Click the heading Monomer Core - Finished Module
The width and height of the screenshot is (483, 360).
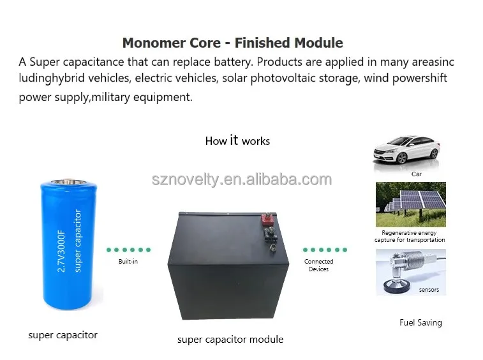click(232, 43)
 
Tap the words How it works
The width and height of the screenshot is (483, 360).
click(237, 140)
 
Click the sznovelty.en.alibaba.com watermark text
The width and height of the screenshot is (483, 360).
click(242, 179)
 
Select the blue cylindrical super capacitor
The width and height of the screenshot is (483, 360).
click(69, 243)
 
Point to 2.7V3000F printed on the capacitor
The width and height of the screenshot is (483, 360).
click(61, 251)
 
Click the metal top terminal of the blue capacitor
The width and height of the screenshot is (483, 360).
click(69, 181)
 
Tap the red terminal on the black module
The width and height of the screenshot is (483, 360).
click(267, 219)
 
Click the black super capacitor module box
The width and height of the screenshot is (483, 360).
click(228, 266)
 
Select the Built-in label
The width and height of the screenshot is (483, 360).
click(128, 261)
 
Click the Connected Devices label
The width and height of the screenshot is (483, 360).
click(318, 265)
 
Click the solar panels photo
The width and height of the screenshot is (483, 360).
click(411, 204)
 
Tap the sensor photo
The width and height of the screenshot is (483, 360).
click(411, 272)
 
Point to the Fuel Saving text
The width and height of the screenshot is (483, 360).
click(420, 323)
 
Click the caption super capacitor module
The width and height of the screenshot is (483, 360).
click(230, 340)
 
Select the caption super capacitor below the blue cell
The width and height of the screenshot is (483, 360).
click(63, 335)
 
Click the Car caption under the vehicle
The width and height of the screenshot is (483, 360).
click(417, 174)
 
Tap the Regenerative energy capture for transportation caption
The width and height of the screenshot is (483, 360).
click(410, 236)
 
